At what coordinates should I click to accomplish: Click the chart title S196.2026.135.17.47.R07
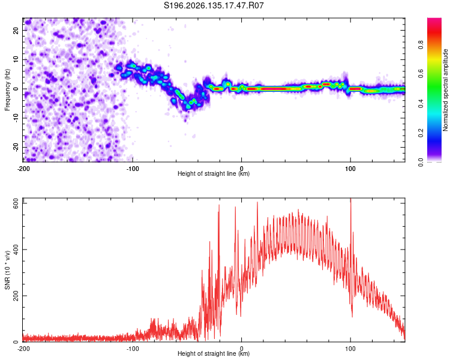pyautogui.click(x=214, y=5)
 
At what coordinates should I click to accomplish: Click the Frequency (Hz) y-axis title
pyautogui.click(x=7, y=90)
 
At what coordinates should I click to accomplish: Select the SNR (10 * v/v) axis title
pyautogui.click(x=7, y=270)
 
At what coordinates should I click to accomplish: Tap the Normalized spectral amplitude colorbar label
pyautogui.click(x=445, y=90)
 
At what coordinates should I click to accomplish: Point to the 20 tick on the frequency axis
pyautogui.click(x=16, y=31)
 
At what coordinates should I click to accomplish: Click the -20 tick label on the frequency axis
pyautogui.click(x=16, y=147)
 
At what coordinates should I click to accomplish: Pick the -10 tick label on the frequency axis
pyautogui.click(x=16, y=118)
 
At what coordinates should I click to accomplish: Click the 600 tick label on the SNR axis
pyautogui.click(x=16, y=204)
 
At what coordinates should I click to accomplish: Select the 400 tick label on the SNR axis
pyautogui.click(x=16, y=250)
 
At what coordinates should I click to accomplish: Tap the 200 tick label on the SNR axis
pyautogui.click(x=16, y=296)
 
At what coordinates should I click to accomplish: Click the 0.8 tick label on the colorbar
pyautogui.click(x=421, y=45)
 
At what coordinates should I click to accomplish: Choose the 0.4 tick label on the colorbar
pyautogui.click(x=421, y=104)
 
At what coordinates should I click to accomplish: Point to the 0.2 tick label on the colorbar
pyautogui.click(x=421, y=133)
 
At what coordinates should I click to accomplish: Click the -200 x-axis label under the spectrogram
pyautogui.click(x=23, y=169)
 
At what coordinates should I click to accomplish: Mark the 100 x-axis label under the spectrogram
pyautogui.click(x=350, y=169)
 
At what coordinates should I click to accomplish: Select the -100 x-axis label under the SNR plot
pyautogui.click(x=133, y=349)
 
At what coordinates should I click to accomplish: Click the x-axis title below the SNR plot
pyautogui.click(x=214, y=353)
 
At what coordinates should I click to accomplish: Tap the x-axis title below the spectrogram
pyautogui.click(x=214, y=173)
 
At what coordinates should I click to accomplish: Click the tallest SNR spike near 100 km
pyautogui.click(x=351, y=199)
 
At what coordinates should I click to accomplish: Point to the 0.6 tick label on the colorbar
pyautogui.click(x=421, y=74)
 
